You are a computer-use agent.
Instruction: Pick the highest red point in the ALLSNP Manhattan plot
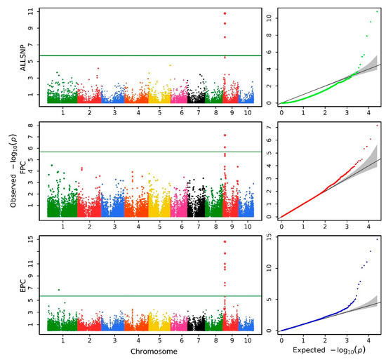click(225, 13)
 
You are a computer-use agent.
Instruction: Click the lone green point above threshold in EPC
click(59, 290)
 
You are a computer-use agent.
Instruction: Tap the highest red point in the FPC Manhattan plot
click(225, 135)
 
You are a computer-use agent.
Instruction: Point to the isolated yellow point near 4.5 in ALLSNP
click(170, 66)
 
